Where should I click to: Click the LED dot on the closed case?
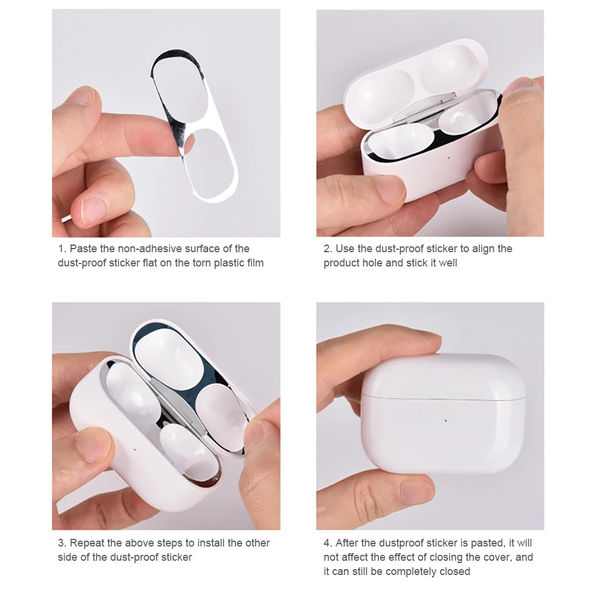tap(446, 421)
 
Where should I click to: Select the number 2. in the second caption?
tap(328, 249)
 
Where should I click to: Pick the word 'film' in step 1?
tap(253, 263)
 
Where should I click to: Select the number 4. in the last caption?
tap(328, 543)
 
